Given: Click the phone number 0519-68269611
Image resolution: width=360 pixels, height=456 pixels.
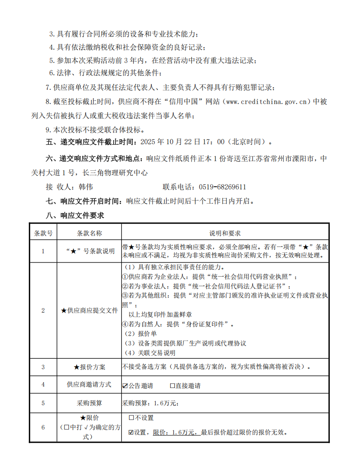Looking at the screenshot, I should pyautogui.click(x=223, y=187).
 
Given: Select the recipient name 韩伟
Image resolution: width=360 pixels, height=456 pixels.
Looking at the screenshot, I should pyautogui.click(x=86, y=187).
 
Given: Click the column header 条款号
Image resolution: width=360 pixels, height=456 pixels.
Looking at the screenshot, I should pyautogui.click(x=43, y=233).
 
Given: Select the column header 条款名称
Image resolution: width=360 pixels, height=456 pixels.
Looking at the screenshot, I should pyautogui.click(x=89, y=233).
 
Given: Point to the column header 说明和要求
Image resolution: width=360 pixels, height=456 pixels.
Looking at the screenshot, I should pyautogui.click(x=225, y=233).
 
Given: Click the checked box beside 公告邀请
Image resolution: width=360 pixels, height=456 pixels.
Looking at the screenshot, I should pyautogui.click(x=125, y=386).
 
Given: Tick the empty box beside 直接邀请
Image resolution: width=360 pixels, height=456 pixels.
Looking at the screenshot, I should pyautogui.click(x=172, y=386).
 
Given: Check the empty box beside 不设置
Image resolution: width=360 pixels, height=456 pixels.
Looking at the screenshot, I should pyautogui.click(x=131, y=418).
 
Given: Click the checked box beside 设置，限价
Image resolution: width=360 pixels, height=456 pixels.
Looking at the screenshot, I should pyautogui.click(x=131, y=432).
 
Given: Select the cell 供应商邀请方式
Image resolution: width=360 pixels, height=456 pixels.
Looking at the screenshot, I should pyautogui.click(x=89, y=385).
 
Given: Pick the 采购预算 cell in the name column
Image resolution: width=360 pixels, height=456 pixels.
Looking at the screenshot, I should pyautogui.click(x=89, y=403).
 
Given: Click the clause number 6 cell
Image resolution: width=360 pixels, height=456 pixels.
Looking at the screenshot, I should pyautogui.click(x=43, y=427).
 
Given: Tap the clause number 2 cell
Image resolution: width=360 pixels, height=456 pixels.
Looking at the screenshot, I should pyautogui.click(x=43, y=310).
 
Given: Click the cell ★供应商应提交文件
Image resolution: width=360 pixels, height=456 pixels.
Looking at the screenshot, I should pyautogui.click(x=89, y=310).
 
